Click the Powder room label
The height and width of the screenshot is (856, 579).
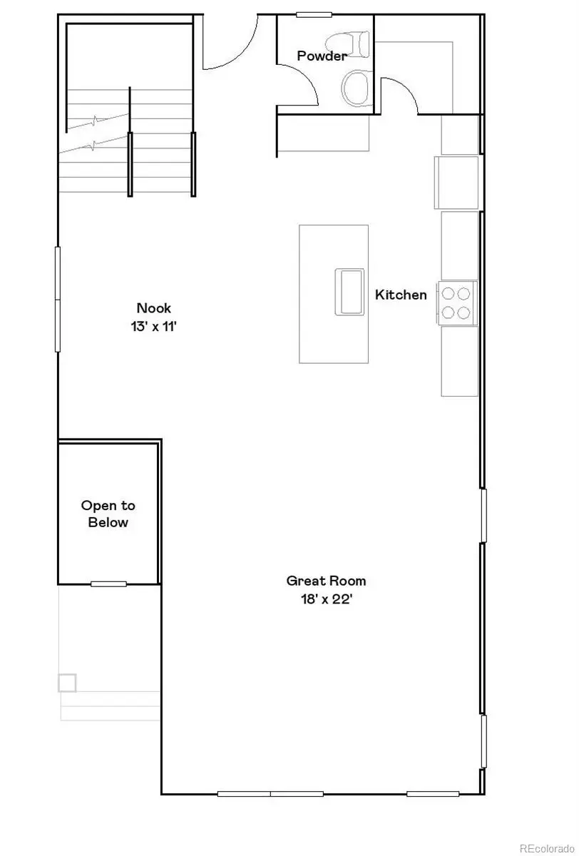322,56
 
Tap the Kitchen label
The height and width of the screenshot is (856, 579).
401,295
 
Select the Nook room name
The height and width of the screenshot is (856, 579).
154,308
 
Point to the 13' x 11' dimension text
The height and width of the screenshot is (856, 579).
154,326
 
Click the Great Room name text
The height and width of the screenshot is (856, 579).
326,581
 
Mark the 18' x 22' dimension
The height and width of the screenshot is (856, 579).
326,599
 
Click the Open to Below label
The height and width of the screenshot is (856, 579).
108,514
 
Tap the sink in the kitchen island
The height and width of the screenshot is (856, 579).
349,292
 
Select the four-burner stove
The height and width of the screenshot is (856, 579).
457,302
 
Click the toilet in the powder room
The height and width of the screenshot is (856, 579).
355,44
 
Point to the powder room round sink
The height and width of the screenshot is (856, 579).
356,88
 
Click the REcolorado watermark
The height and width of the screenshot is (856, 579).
547,848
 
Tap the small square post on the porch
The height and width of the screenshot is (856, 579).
67,682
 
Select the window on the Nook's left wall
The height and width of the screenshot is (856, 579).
58,299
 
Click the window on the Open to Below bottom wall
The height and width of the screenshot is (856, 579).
108,584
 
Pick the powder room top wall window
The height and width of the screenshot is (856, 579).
314,14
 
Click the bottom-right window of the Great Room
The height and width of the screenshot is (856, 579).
433,793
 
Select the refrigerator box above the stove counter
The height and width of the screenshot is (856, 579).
456,183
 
